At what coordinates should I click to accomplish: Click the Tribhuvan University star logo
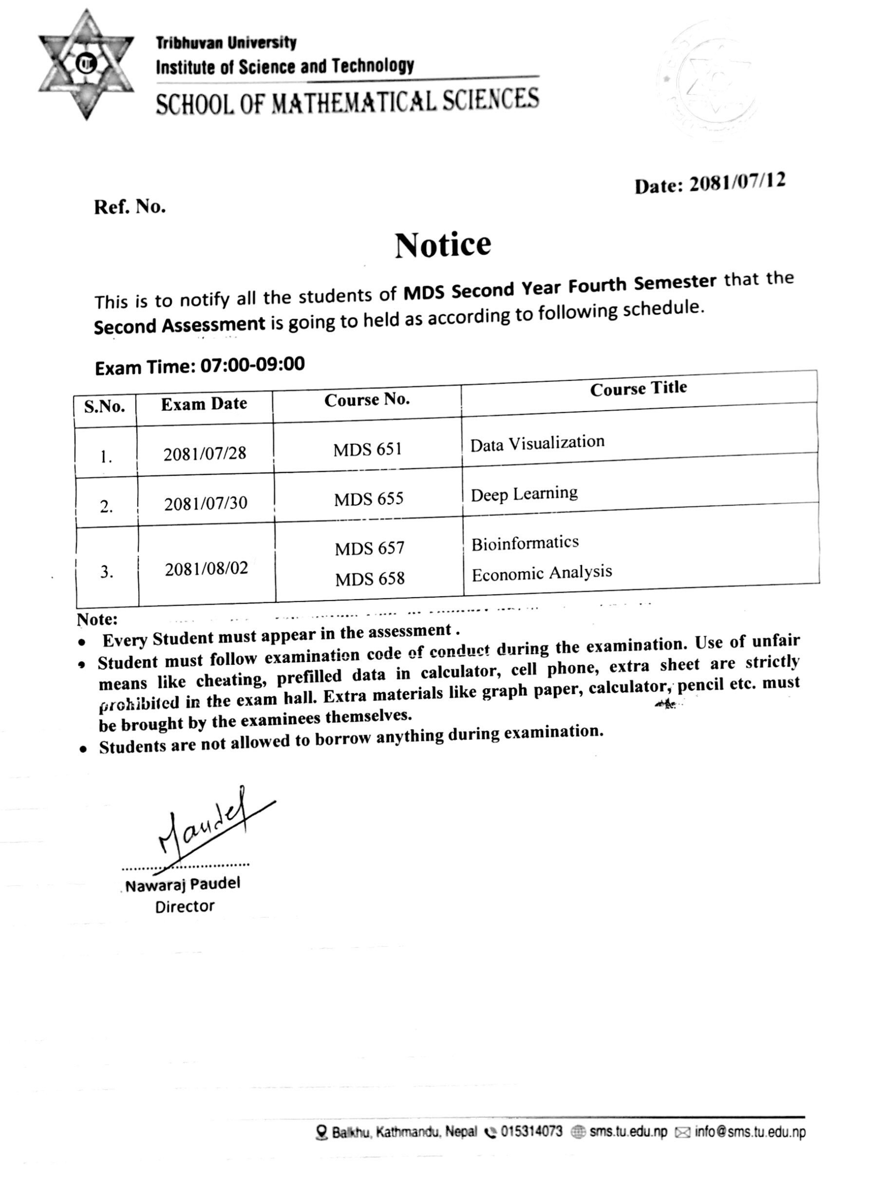click(86, 64)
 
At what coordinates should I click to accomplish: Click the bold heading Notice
click(443, 245)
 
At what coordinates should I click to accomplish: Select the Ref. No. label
click(130, 207)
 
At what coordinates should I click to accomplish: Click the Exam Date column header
click(204, 404)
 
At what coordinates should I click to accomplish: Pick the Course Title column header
click(638, 389)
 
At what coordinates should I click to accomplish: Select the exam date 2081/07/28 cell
click(205, 453)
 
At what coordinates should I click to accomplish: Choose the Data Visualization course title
click(537, 443)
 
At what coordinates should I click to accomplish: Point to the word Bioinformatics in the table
click(525, 543)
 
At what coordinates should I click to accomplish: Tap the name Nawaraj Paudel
click(183, 885)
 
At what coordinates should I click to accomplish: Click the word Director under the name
click(185, 906)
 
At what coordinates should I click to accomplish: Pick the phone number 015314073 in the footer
click(531, 1131)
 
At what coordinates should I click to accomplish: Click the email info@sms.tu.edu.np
click(750, 1132)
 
